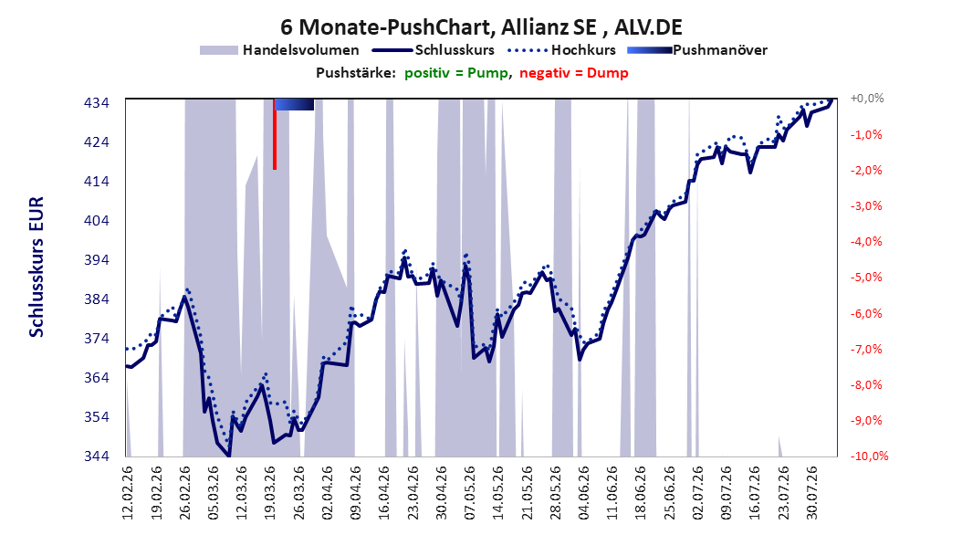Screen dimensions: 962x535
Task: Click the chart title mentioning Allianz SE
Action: (481, 27)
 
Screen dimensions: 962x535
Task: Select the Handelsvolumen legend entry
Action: (280, 50)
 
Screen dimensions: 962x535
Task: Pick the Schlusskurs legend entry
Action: (434, 50)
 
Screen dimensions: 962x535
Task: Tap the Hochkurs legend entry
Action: (561, 50)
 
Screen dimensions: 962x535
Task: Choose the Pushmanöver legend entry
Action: (697, 50)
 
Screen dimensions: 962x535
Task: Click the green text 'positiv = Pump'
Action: (455, 73)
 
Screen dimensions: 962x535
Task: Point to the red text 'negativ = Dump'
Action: (574, 73)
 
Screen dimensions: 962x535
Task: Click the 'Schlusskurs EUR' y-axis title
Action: (37, 267)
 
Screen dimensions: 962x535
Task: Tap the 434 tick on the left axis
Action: (97, 102)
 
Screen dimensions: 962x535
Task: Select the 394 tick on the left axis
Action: (97, 259)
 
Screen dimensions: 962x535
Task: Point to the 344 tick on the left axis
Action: (97, 456)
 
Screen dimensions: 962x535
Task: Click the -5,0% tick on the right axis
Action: (866, 278)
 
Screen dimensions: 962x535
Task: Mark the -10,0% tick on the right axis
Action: (869, 456)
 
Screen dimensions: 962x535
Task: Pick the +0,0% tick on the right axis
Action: (867, 99)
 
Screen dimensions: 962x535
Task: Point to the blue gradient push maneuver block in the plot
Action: (294, 104)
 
